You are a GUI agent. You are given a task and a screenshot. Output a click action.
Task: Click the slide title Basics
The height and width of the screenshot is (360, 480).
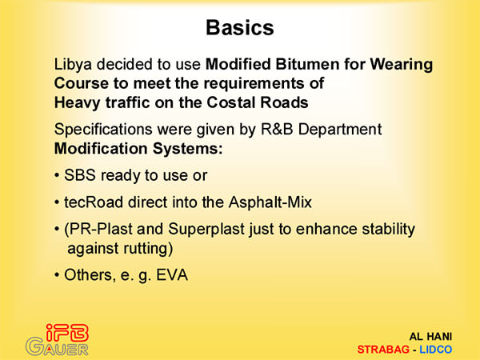tap(240, 27)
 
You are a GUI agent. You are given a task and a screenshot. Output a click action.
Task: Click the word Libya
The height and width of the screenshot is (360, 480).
tap(73, 65)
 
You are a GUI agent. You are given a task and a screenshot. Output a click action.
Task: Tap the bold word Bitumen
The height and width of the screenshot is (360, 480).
tap(308, 64)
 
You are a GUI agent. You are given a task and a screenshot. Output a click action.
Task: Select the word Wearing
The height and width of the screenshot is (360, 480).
tap(402, 65)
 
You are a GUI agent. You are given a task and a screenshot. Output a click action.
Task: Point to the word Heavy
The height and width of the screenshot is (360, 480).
tap(77, 103)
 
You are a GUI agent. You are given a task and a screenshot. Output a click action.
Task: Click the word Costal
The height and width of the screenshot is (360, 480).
tap(231, 102)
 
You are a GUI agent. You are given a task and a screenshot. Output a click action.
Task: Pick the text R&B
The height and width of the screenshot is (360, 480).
tap(277, 129)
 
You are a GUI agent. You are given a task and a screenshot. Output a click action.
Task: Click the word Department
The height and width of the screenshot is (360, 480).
tap(340, 130)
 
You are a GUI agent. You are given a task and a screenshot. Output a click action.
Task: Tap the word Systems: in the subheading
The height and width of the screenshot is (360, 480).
tap(187, 149)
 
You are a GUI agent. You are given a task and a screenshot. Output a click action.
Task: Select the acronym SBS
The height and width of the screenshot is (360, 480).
tap(79, 175)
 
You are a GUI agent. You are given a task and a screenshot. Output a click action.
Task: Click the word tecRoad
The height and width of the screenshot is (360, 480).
tap(94, 202)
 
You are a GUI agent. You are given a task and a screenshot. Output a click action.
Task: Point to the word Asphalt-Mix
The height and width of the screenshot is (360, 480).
tap(270, 202)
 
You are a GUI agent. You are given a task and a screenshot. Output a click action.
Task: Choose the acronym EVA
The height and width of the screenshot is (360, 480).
tap(172, 275)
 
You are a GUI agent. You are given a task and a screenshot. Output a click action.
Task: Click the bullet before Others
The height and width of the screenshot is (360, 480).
tap(57, 275)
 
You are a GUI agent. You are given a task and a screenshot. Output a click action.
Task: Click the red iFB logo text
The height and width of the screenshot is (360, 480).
tap(67, 333)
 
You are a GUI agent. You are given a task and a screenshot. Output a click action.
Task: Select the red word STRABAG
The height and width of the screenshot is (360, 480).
tap(383, 350)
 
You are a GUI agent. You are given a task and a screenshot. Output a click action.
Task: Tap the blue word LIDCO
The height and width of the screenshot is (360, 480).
tap(436, 350)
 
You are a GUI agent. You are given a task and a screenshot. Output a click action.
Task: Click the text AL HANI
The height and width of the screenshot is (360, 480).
tap(430, 337)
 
